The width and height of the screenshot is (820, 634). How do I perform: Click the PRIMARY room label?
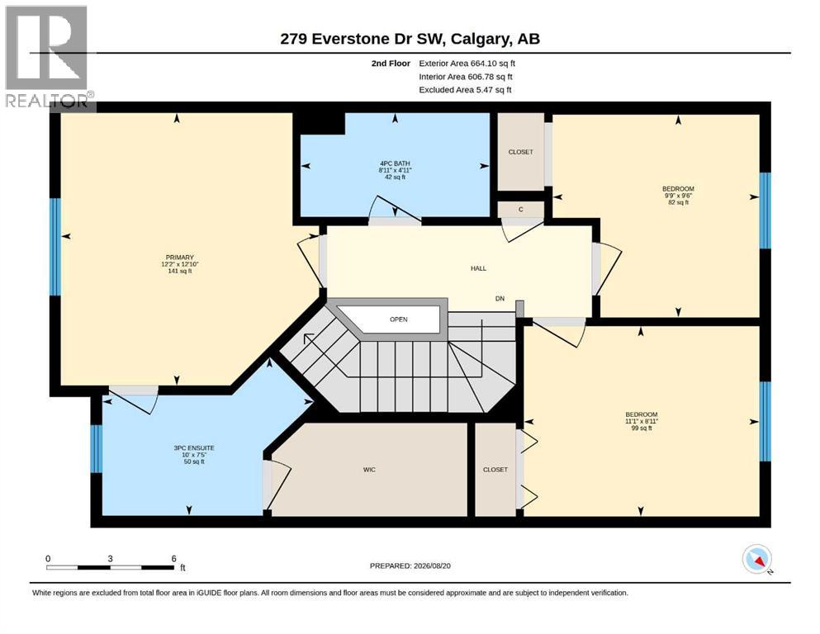[180, 258]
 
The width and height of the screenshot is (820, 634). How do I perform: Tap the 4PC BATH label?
[395, 163]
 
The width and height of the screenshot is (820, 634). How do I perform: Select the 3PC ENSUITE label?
[194, 448]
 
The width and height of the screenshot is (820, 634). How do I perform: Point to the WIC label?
[369, 470]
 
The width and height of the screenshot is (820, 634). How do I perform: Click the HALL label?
[478, 268]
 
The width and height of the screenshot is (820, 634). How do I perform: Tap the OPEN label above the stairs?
[399, 319]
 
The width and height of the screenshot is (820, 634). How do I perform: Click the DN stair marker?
[500, 299]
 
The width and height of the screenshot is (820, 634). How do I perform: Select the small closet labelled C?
[521, 210]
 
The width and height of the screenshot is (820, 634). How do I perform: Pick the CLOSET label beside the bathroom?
[521, 152]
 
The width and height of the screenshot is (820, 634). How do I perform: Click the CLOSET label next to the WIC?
[495, 470]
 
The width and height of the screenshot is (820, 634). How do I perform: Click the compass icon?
[756, 559]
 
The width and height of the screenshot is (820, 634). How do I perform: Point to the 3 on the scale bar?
[111, 559]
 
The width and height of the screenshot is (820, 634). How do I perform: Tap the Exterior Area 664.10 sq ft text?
[467, 64]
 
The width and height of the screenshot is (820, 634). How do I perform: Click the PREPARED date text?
[410, 565]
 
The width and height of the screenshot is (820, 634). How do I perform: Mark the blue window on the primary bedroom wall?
[55, 247]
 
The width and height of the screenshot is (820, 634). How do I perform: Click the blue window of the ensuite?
[97, 449]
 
